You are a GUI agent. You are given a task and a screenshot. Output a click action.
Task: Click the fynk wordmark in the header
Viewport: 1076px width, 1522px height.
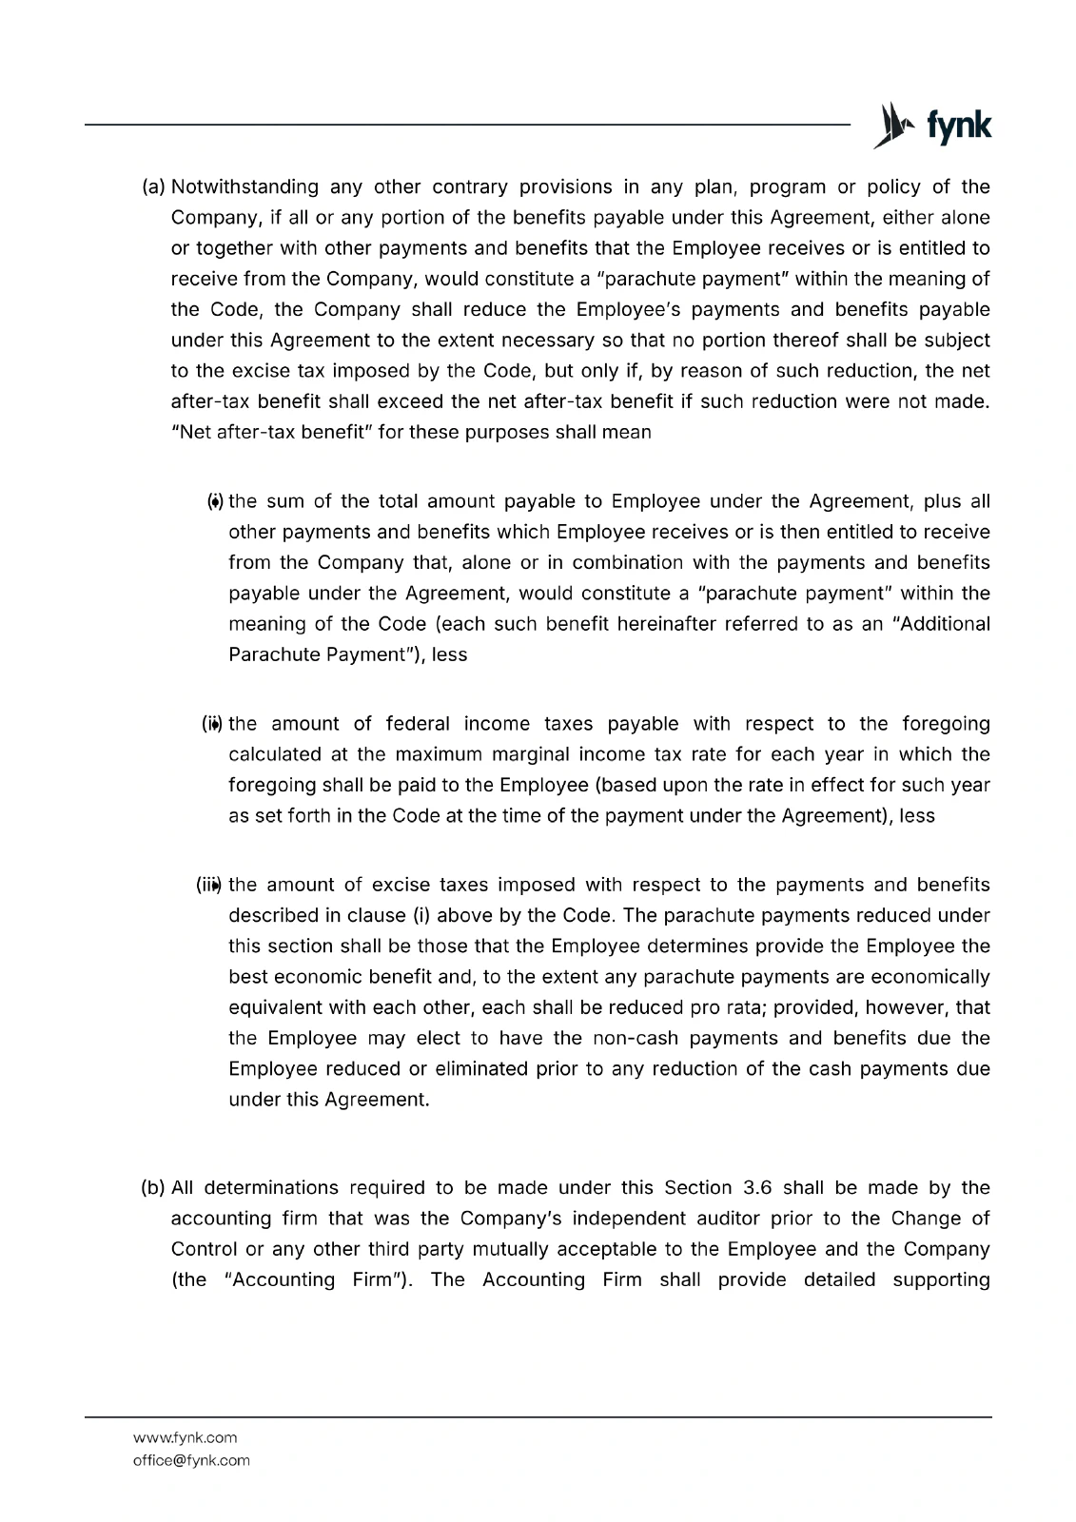coord(959,127)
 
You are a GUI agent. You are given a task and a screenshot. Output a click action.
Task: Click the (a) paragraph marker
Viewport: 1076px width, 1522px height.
coord(153,187)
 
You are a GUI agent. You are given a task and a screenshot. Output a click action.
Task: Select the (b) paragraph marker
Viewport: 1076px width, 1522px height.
coord(153,1188)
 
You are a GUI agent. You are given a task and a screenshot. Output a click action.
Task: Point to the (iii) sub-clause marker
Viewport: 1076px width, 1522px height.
coord(208,886)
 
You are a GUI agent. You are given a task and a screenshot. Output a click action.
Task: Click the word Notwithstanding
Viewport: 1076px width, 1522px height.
coord(245,187)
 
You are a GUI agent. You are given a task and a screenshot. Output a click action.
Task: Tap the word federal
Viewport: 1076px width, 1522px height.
coord(423,724)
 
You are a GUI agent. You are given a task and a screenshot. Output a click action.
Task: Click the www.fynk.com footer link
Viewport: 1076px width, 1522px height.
coord(185,1437)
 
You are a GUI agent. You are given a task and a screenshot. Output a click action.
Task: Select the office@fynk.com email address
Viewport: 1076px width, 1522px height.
coord(191,1460)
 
